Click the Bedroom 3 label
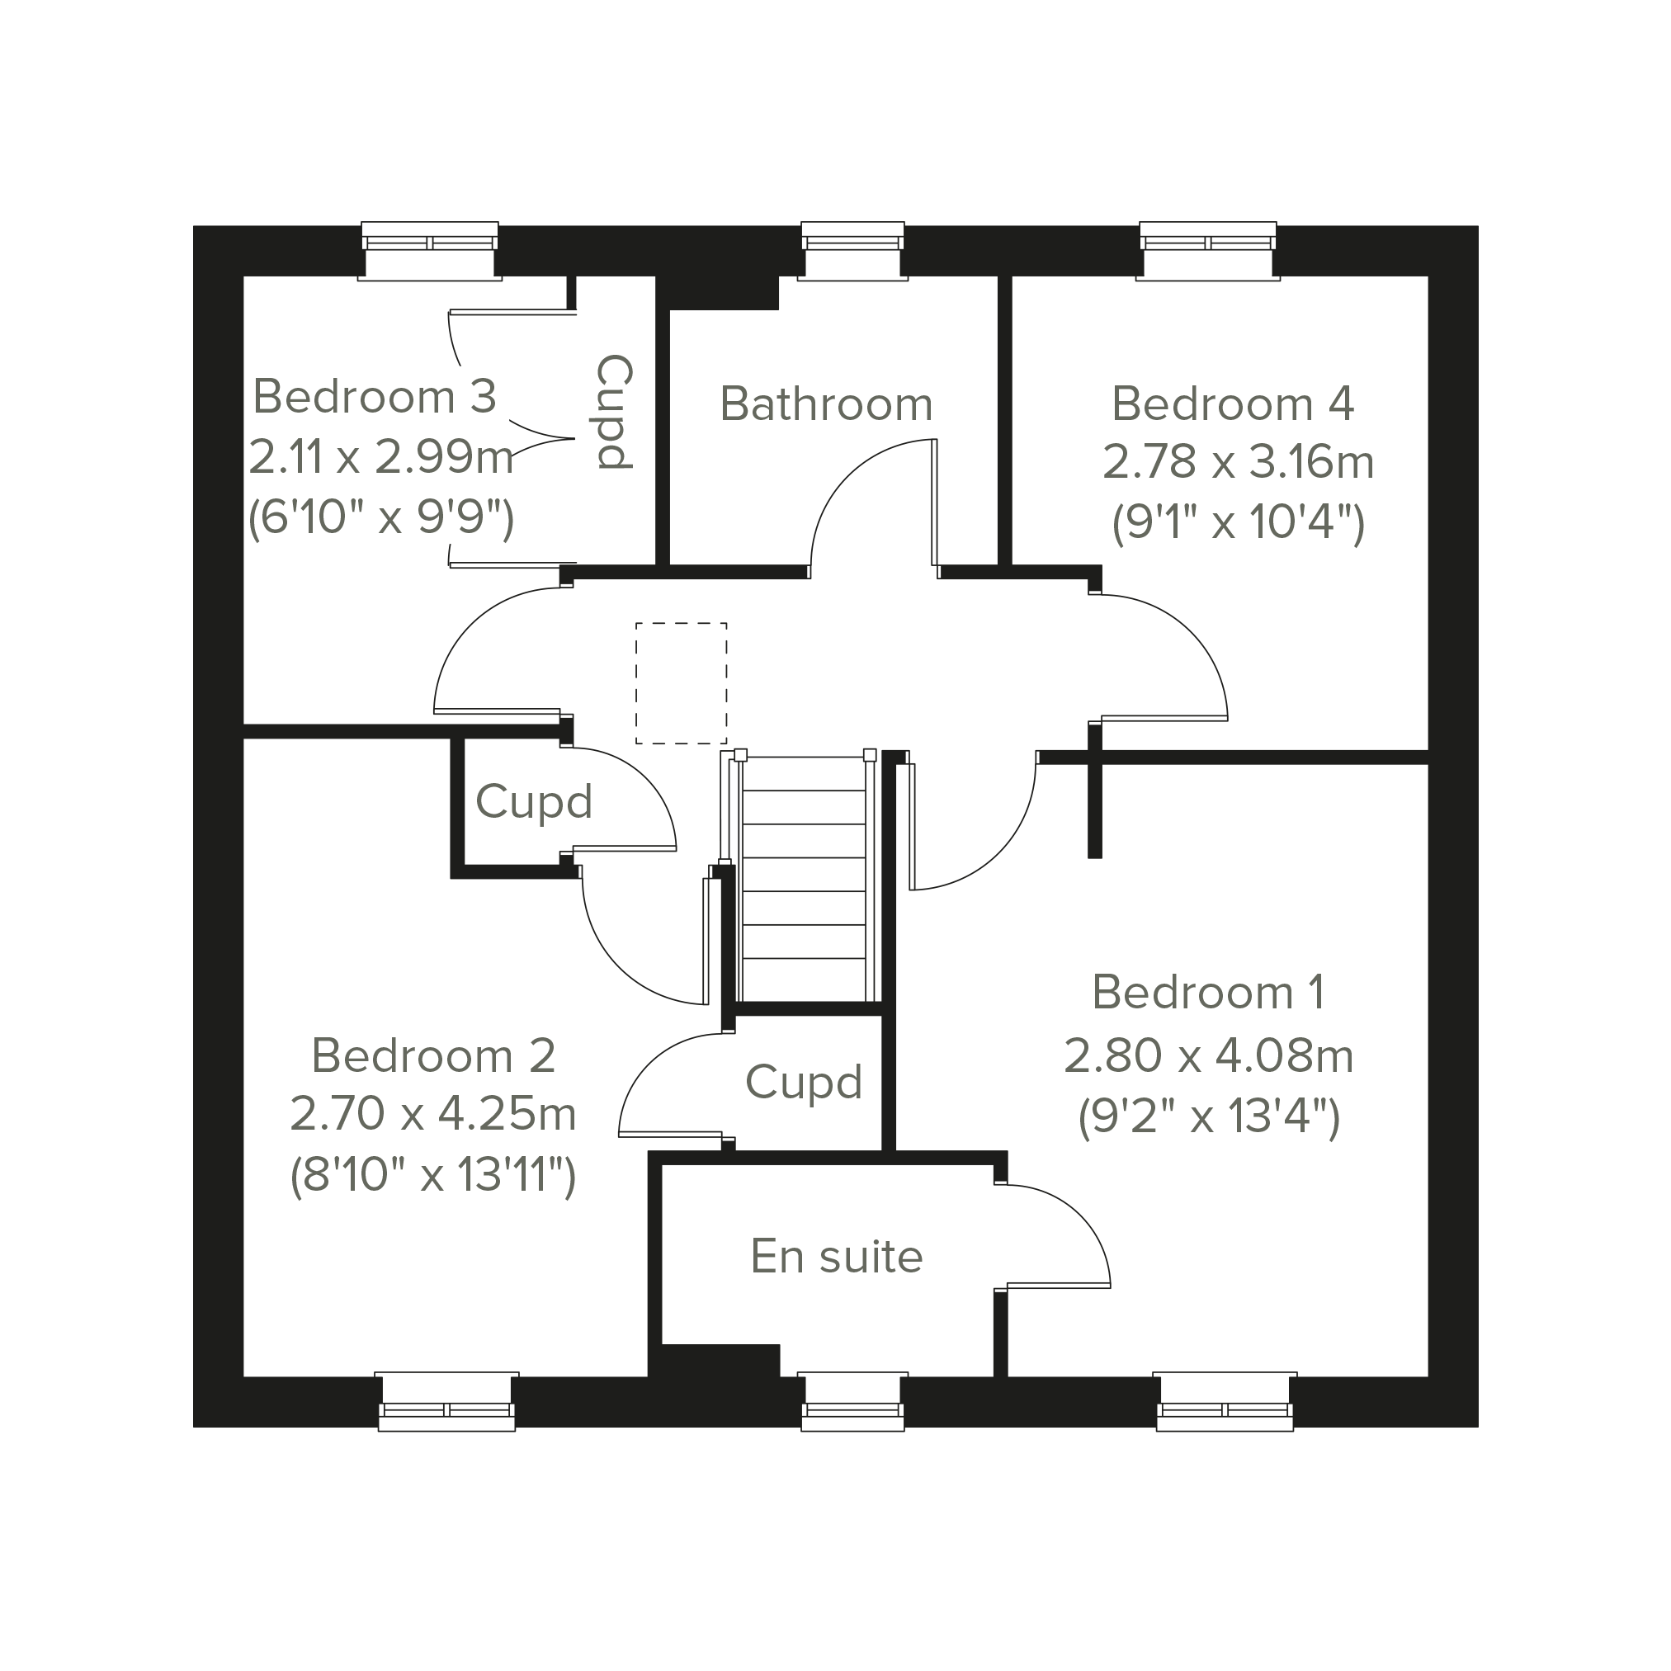[x=375, y=397]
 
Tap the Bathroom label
[x=826, y=404]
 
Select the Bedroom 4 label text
[x=1233, y=404]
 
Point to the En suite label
[x=837, y=1256]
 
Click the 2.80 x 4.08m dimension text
[x=1208, y=1056]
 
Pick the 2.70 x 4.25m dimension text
[x=432, y=1113]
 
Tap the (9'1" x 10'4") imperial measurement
[x=1238, y=522]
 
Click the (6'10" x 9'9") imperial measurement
[x=380, y=518]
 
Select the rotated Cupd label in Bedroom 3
[x=616, y=413]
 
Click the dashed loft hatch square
[x=682, y=683]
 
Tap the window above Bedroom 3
[x=430, y=251]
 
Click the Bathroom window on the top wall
[x=852, y=251]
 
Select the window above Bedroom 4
[x=1207, y=251]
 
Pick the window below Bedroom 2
[x=446, y=1401]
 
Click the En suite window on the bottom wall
[x=852, y=1401]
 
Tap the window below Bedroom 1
[x=1225, y=1401]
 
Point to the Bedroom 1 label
[x=1208, y=992]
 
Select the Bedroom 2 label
[x=432, y=1056]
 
